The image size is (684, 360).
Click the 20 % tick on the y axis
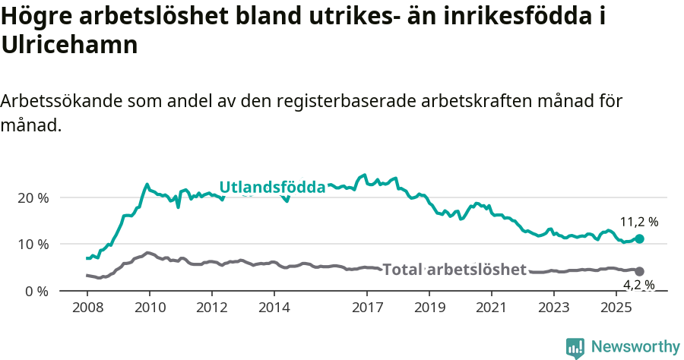click(32, 197)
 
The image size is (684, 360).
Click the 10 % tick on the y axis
click(32, 245)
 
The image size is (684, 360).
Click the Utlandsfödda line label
click(272, 187)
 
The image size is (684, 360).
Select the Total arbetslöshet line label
click(454, 270)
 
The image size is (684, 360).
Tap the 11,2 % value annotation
click(638, 223)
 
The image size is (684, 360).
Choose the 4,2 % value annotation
click(638, 286)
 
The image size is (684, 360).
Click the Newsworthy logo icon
click(575, 347)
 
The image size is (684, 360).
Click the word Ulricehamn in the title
click(69, 45)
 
